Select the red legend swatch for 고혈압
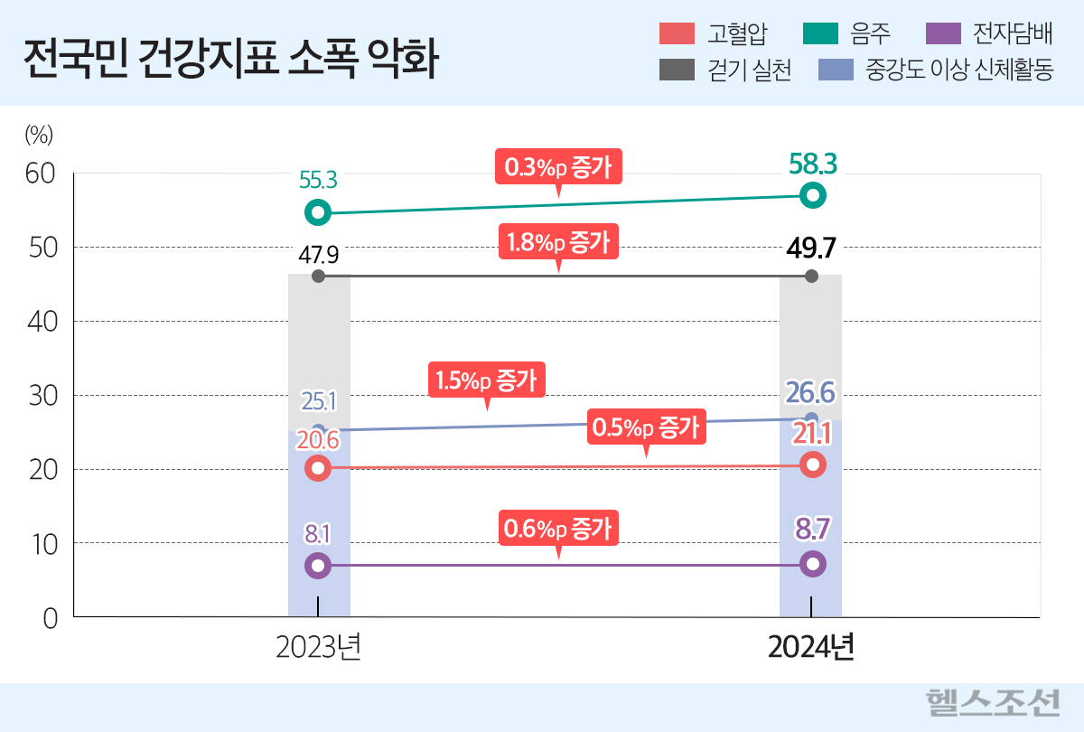pyautogui.click(x=677, y=34)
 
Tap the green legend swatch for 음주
pyautogui.click(x=820, y=34)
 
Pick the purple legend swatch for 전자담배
pyautogui.click(x=944, y=34)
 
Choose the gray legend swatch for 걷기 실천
pyautogui.click(x=677, y=70)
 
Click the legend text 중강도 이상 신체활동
pyautogui.click(x=958, y=70)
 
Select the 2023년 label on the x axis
pyautogui.click(x=319, y=648)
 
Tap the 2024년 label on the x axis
pyautogui.click(x=811, y=648)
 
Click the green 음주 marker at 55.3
pyautogui.click(x=317, y=212)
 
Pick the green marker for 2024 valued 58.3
pyautogui.click(x=813, y=194)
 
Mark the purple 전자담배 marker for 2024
pyautogui.click(x=813, y=564)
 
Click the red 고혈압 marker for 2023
pyautogui.click(x=317, y=468)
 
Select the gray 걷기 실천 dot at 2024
pyautogui.click(x=811, y=276)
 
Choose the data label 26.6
pyautogui.click(x=810, y=393)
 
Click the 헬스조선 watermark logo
pyautogui.click(x=993, y=702)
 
